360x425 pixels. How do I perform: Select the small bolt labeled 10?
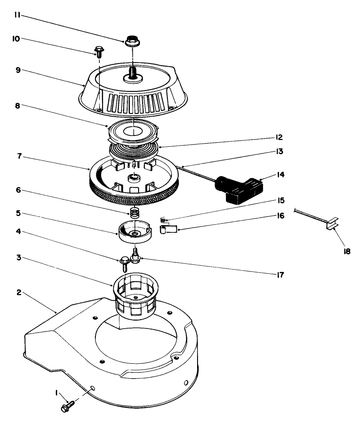98,50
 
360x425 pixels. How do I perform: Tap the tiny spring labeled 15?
164,220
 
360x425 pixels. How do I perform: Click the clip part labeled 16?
169,231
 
